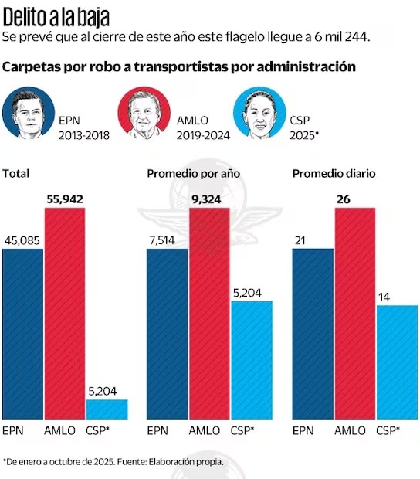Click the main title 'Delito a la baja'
tap(56, 15)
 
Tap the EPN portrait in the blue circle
tap(29, 113)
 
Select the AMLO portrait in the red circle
tap(143, 113)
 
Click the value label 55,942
tap(64, 199)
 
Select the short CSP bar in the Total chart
tap(107, 409)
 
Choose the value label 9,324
tap(209, 199)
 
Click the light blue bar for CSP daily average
tap(397, 362)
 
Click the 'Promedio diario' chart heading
tap(334, 174)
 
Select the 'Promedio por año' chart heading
tap(193, 174)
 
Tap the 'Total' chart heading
tap(15, 174)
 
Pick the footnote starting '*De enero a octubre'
tap(113, 461)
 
